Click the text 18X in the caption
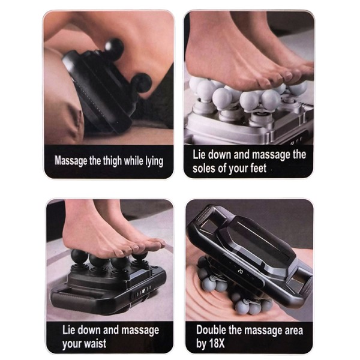point(216,343)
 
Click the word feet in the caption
point(258,168)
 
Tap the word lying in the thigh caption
point(154,161)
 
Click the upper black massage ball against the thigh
point(115,48)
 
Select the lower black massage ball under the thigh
point(142,83)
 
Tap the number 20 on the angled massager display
point(240,271)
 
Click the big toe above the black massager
point(157,244)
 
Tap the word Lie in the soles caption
point(199,155)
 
